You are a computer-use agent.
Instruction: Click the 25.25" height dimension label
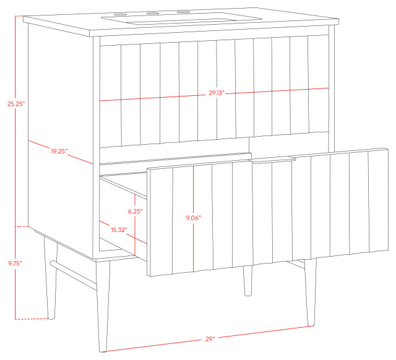(15, 105)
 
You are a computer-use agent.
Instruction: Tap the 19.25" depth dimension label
(59, 151)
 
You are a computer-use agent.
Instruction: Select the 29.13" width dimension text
(215, 93)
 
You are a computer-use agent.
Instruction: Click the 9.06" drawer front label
(194, 218)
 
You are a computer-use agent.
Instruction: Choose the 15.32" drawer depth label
(118, 230)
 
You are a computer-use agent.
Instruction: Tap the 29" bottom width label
(210, 338)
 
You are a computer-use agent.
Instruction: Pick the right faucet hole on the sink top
(183, 12)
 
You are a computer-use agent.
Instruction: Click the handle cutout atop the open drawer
(273, 161)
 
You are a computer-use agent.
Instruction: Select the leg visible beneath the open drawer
(247, 281)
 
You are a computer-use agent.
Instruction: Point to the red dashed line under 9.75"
(32, 319)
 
